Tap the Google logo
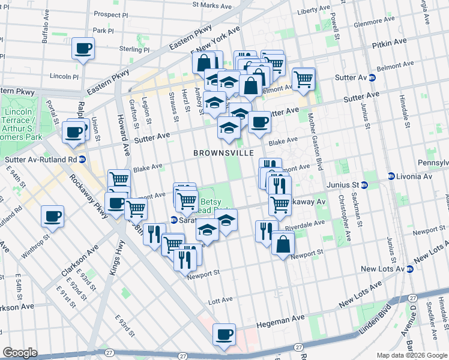[20, 353]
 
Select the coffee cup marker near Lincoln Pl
[83, 49]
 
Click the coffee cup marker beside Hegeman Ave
[224, 334]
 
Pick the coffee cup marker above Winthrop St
[52, 216]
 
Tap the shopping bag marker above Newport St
[283, 244]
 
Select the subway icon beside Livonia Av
[391, 176]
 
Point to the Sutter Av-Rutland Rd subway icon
[82, 160]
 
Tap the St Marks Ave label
[211, 5]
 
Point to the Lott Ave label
[220, 299]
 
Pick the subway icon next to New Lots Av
[409, 269]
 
